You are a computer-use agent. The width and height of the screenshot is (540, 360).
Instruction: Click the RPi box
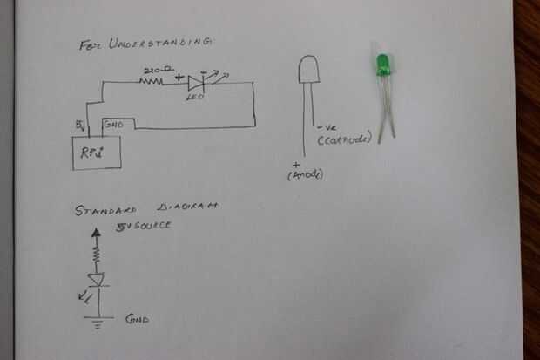point(93,152)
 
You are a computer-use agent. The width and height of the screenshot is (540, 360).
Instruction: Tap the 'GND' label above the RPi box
point(113,124)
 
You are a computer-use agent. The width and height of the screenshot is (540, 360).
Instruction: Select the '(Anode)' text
point(305,175)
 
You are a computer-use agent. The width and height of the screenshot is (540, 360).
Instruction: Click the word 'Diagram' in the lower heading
point(188,209)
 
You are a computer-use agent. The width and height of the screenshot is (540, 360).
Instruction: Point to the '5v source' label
point(144,226)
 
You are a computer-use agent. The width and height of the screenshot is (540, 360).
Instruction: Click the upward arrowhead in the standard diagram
point(97,233)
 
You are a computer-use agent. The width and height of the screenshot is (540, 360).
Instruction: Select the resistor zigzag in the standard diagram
point(97,255)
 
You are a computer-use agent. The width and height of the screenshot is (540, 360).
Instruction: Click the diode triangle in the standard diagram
point(97,279)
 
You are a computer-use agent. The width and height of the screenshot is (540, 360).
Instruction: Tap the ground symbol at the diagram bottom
point(96,320)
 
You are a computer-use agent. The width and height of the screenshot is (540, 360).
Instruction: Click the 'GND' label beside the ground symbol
point(136,319)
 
